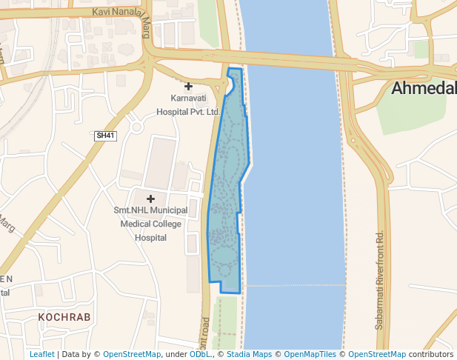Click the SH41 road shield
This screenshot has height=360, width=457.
(x=106, y=136)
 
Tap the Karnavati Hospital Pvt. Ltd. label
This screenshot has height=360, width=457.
(x=188, y=104)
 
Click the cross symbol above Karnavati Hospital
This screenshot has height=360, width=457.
(x=188, y=87)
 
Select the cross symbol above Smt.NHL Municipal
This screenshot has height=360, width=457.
(x=150, y=199)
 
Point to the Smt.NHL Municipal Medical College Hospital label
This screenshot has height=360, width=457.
(x=150, y=224)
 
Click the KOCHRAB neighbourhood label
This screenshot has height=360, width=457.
(x=64, y=317)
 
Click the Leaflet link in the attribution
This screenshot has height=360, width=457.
(x=41, y=354)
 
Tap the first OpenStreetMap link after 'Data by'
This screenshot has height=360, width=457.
(x=131, y=354)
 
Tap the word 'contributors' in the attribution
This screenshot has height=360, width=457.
(x=430, y=354)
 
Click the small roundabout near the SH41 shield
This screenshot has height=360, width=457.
(x=136, y=127)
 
